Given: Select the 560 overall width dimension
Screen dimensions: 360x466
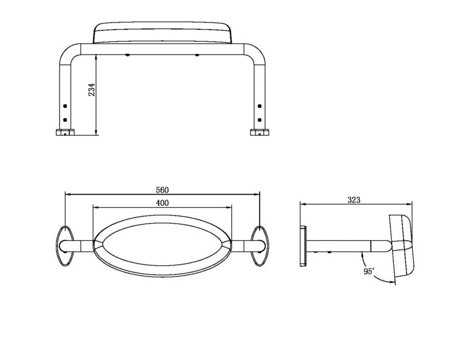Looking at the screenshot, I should [162, 189].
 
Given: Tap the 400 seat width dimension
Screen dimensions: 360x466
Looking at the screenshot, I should [162, 203].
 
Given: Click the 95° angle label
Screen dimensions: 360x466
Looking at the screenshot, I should [369, 271].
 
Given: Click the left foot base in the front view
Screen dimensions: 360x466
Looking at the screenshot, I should [65, 132].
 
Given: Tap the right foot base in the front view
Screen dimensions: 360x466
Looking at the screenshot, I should [260, 132].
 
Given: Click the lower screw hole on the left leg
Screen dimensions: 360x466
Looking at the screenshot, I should [65, 118].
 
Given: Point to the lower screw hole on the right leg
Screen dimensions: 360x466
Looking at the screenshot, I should [260, 118].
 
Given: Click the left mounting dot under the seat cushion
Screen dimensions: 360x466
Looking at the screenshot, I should [127, 56].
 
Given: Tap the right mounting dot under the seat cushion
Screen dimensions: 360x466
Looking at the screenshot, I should [197, 56].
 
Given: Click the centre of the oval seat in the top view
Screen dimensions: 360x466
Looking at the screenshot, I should [162, 245].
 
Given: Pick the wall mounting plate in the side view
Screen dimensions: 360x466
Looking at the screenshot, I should [303, 245].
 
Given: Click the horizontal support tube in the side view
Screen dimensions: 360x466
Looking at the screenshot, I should [346, 245].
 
